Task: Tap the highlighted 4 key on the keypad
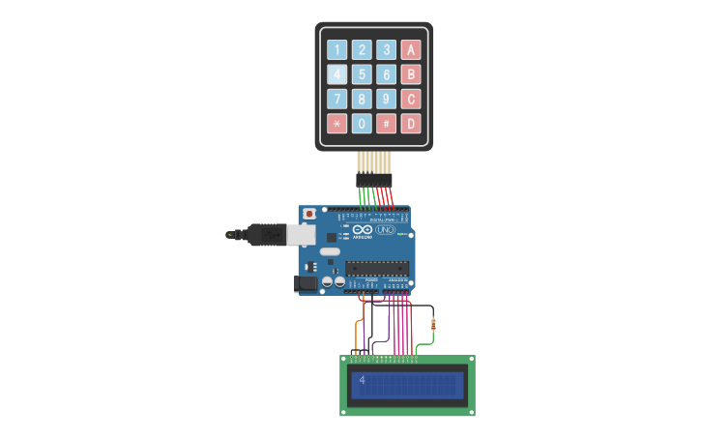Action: point(336,74)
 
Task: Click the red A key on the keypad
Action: point(411,50)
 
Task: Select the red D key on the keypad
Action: point(411,123)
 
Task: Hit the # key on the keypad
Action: point(386,123)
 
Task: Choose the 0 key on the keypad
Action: point(362,123)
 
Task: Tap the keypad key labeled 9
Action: point(386,99)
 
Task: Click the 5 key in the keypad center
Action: point(362,74)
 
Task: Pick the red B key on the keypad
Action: point(411,74)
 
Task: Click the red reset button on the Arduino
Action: point(309,214)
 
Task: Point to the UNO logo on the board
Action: point(398,229)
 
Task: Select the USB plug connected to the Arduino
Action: point(266,234)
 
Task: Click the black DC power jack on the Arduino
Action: point(306,283)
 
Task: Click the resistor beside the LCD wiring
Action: point(432,325)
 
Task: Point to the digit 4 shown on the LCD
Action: point(362,381)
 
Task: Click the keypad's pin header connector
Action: point(374,180)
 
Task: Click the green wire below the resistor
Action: point(423,344)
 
